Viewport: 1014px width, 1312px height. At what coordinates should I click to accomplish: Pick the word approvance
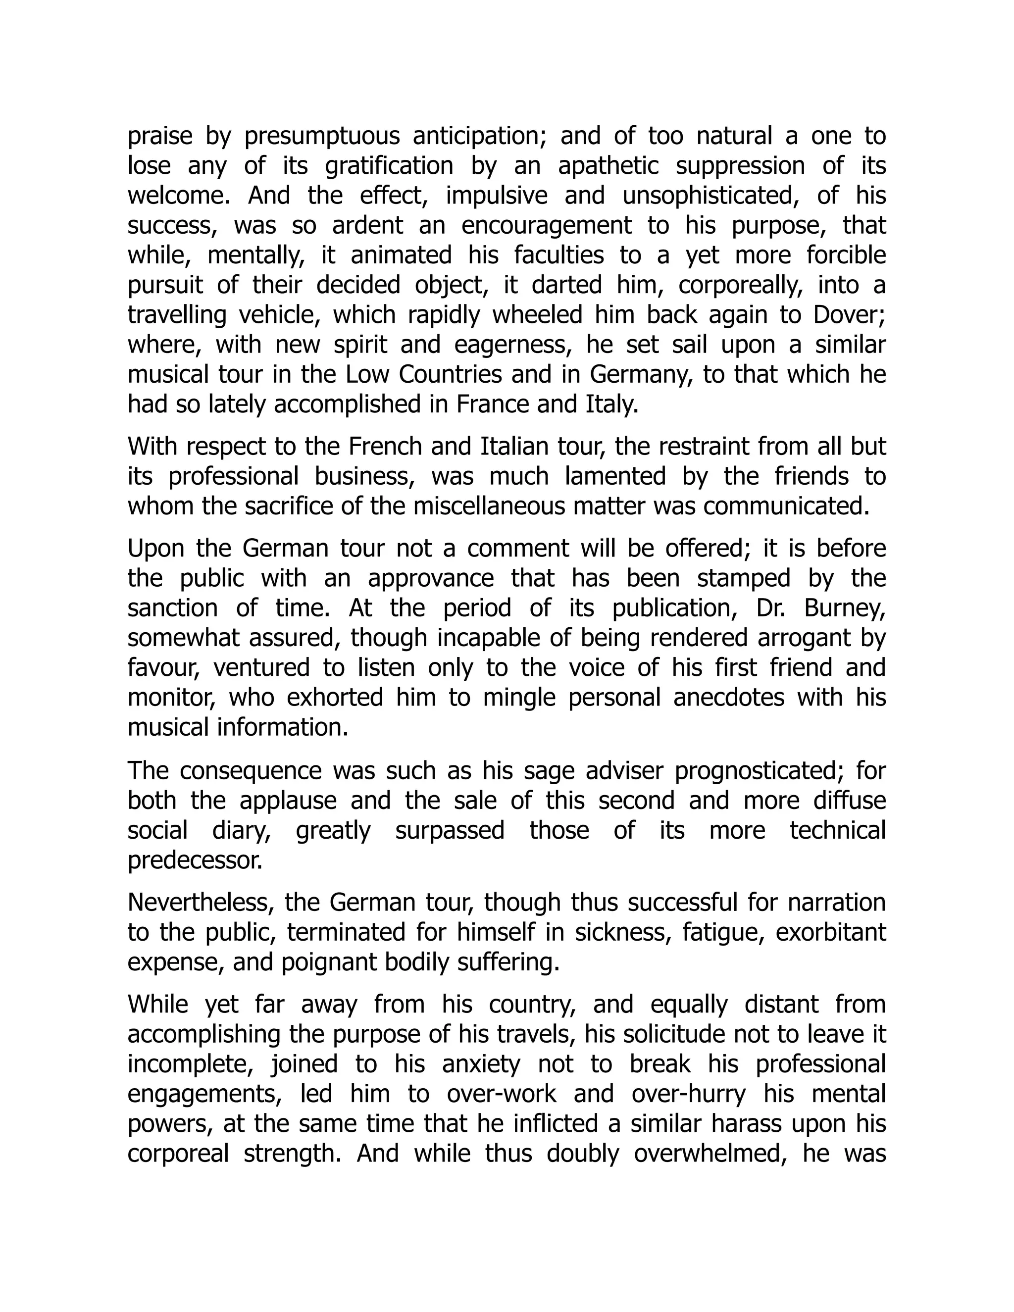coord(430,578)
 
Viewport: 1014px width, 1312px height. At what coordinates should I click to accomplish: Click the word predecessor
coord(195,860)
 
